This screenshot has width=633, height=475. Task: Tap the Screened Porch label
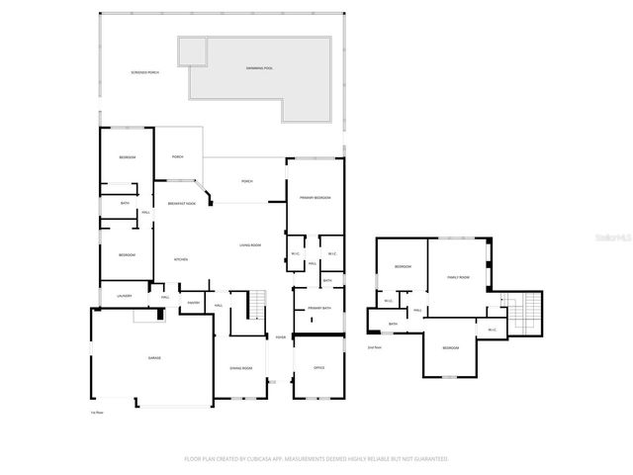(144, 73)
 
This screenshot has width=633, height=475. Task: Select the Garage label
(154, 357)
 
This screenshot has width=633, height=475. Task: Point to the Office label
(318, 367)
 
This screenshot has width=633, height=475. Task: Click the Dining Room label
(241, 367)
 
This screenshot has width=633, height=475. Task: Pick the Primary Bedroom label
(316, 198)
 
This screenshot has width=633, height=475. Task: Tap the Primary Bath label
(318, 309)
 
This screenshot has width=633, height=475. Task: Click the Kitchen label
(181, 259)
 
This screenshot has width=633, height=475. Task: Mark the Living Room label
(249, 244)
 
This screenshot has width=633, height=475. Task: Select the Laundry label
(125, 295)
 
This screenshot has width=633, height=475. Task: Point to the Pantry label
(194, 303)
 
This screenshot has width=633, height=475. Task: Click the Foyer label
(281, 337)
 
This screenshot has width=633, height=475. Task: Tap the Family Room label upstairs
(457, 277)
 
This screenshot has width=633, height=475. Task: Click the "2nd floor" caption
(374, 347)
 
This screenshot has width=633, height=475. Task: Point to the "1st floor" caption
(97, 412)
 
